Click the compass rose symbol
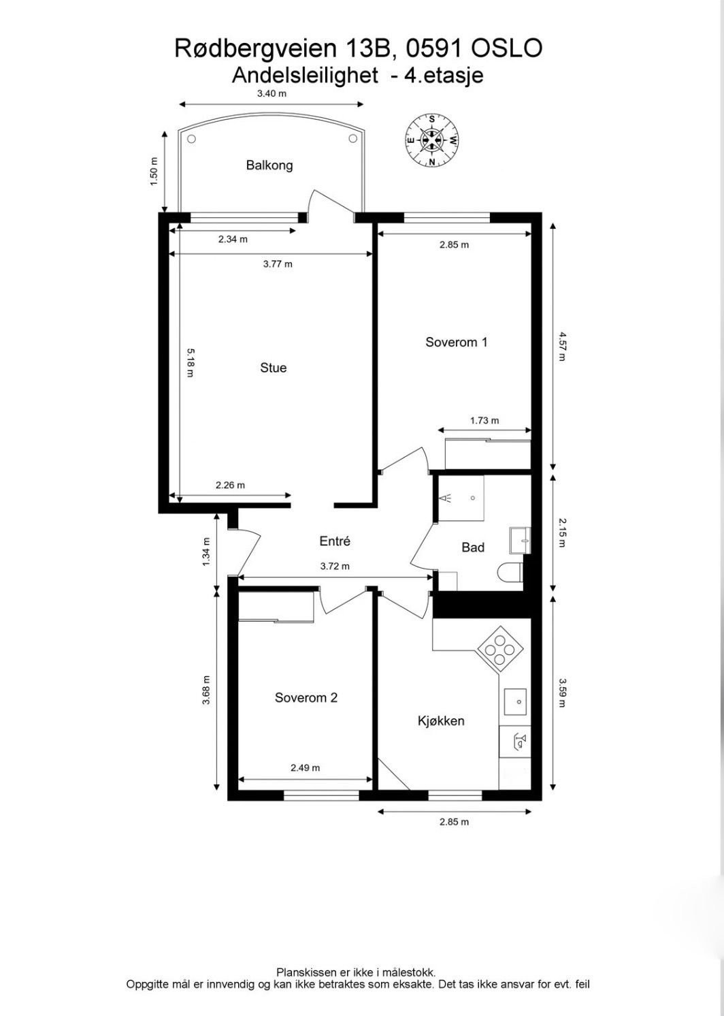[x=431, y=140]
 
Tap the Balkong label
[x=269, y=165]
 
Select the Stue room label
[x=273, y=368]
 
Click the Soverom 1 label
[x=456, y=342]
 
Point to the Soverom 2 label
[x=306, y=697]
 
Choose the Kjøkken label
[x=441, y=720]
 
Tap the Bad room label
[x=472, y=547]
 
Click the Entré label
[x=335, y=541]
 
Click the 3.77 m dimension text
[x=278, y=264]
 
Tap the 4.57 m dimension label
[x=561, y=346]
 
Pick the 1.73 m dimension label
[x=484, y=420]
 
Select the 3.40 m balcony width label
[x=271, y=93]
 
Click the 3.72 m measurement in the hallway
[x=335, y=566]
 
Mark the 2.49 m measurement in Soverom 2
[x=305, y=767]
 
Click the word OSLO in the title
[x=506, y=48]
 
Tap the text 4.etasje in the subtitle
[x=444, y=75]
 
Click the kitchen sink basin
[x=515, y=701]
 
